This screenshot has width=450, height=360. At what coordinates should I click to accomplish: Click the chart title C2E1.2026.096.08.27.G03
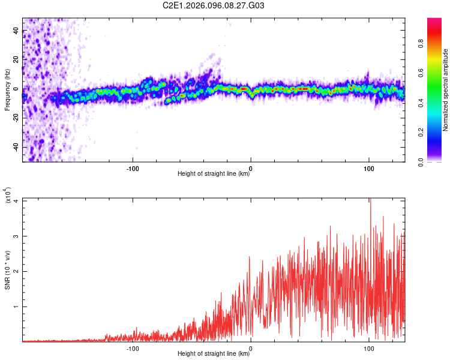click(214, 5)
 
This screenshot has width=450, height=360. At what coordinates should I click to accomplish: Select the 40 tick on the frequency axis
click(17, 31)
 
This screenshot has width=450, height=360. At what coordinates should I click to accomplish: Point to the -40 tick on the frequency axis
click(16, 147)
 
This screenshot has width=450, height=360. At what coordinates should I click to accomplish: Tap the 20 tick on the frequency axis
click(17, 60)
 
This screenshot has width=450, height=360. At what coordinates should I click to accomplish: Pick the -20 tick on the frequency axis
click(16, 118)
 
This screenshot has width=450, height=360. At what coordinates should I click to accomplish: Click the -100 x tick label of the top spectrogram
click(133, 167)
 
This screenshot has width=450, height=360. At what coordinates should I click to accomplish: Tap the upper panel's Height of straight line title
click(214, 174)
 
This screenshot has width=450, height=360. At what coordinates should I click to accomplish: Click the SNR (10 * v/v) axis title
click(7, 270)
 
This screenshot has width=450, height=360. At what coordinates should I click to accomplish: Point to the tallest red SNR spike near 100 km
click(370, 199)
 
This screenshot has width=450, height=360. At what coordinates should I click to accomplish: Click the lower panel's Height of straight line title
click(214, 354)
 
